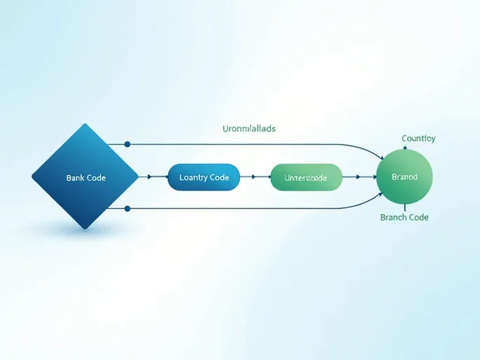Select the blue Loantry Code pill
point(204,178)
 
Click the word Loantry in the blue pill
point(194,178)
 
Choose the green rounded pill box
point(306,178)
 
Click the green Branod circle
point(404,177)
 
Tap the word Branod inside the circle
point(404,177)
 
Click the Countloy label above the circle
point(418,138)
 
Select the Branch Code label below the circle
point(404,218)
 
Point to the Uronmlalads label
point(249,128)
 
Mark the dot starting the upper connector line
point(127,144)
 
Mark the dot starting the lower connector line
point(127,208)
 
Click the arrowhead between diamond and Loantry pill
point(148,178)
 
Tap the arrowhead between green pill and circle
point(359,178)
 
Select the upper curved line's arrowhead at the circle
point(381,159)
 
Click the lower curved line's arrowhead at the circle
point(381,196)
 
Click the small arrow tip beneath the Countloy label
point(404,147)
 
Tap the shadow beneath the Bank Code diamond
point(84,229)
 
